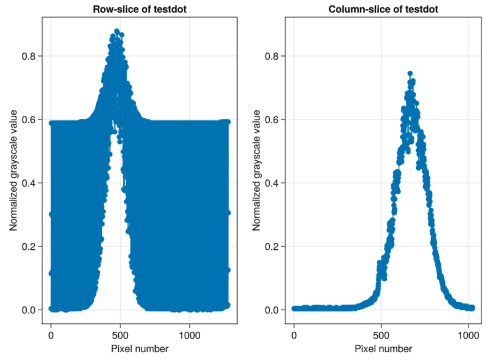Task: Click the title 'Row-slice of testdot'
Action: coord(140,9)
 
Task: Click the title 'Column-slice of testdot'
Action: coord(383,9)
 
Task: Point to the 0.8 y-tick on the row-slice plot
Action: coord(29,56)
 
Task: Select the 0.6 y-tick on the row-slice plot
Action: coord(29,120)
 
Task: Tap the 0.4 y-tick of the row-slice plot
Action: coord(29,183)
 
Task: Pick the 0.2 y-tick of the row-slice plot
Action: coord(29,246)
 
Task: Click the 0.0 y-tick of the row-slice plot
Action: coord(29,310)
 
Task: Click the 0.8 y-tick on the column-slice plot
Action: coord(273,56)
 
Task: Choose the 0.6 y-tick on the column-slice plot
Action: coord(273,120)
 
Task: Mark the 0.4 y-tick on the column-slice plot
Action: coord(273,183)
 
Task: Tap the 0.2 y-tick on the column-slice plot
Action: coord(273,246)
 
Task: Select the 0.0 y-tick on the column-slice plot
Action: coord(273,310)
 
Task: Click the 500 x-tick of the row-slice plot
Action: coord(120,335)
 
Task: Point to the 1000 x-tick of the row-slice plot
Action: coord(189,335)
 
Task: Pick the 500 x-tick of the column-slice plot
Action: coord(381,335)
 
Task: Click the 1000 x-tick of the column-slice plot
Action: coord(468,335)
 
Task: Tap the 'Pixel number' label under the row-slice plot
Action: coord(140,349)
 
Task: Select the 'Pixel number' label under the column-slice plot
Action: coord(383,349)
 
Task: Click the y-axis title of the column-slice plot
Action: coord(257,170)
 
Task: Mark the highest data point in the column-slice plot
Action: coord(410,73)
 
